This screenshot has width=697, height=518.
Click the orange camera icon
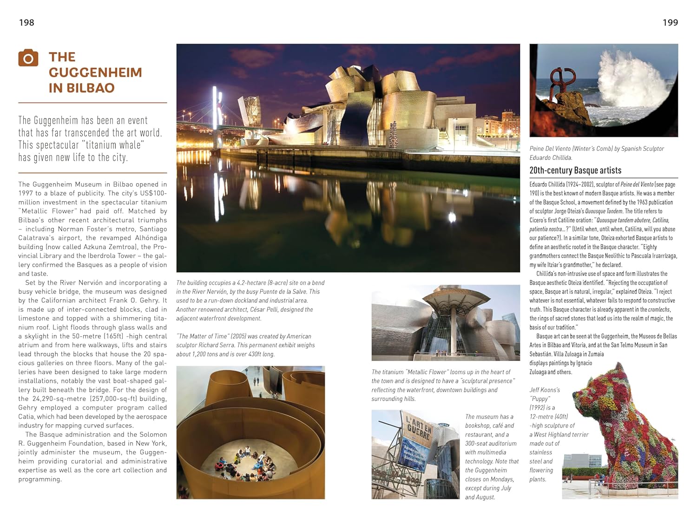pos(28,58)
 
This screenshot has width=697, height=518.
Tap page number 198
pos(26,22)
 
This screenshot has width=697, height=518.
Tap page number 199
pos(670,22)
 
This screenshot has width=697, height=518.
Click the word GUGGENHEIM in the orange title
pos(95,72)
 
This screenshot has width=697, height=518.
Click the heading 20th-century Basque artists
pos(575,170)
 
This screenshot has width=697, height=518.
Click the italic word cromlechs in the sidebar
pos(659,309)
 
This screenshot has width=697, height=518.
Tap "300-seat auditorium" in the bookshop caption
pos(491,443)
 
